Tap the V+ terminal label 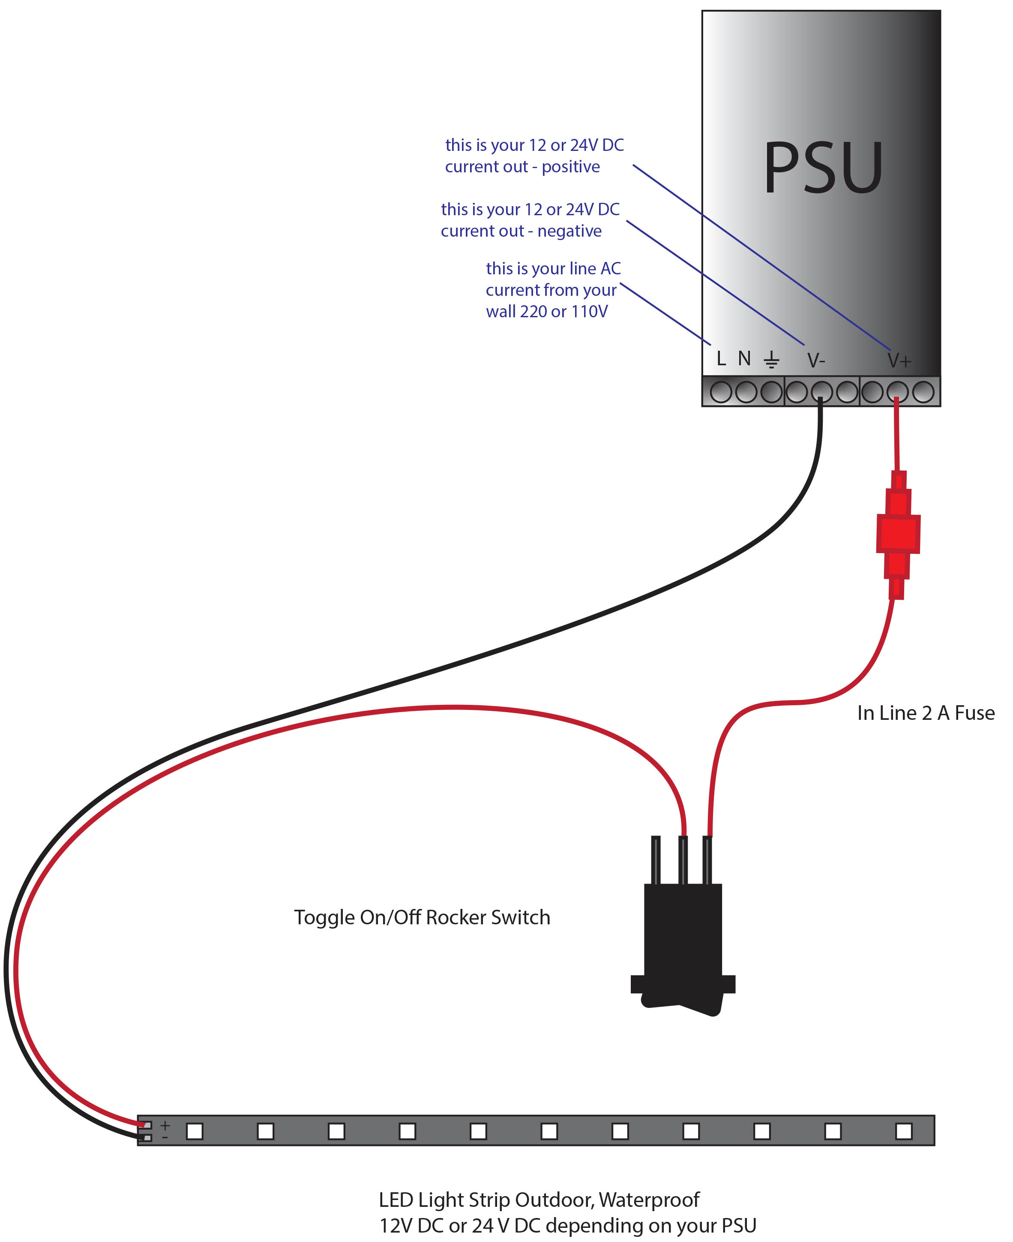pos(899,361)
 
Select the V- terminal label pos(816,360)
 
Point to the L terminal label pos(721,358)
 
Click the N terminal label pos(744,358)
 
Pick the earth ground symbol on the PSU pos(771,360)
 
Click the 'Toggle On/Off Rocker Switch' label pos(422,917)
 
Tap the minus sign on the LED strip pos(165,1137)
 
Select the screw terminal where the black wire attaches pos(821,391)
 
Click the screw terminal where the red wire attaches pos(897,391)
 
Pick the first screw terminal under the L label pos(721,391)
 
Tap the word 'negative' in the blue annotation pos(569,231)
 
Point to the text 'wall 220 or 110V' pos(547,312)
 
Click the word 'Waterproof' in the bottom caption pos(649,1200)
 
